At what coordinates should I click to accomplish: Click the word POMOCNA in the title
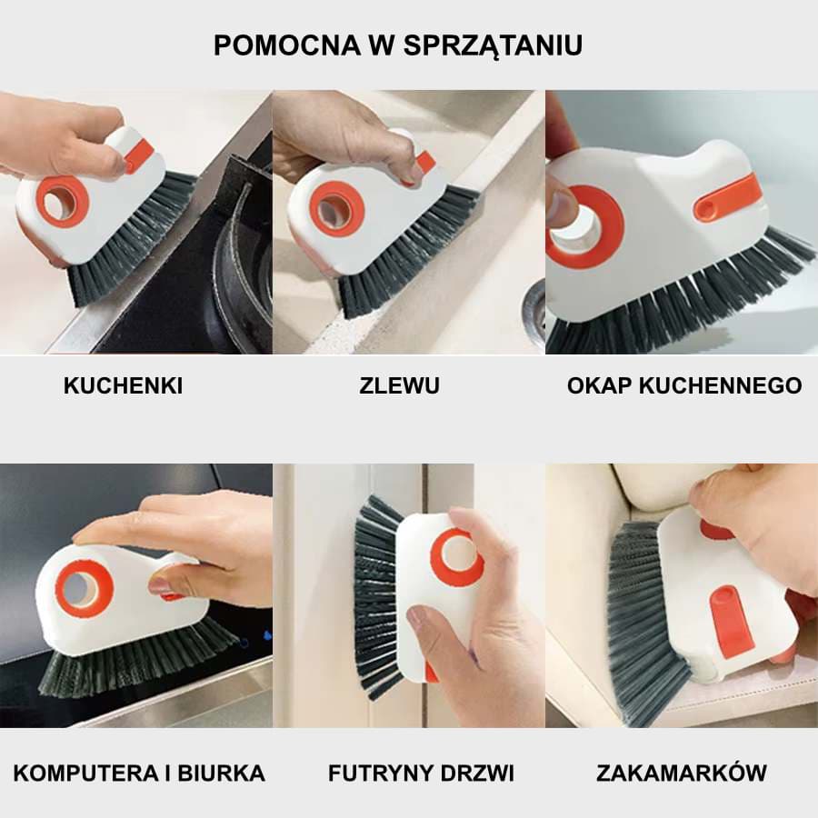point(274,45)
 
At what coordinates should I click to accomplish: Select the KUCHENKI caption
point(123,385)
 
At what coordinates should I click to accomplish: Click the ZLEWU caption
point(399,385)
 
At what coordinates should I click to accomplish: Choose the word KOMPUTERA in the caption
point(76,773)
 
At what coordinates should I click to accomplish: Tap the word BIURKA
point(223,773)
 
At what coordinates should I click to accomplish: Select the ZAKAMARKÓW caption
point(682,773)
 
